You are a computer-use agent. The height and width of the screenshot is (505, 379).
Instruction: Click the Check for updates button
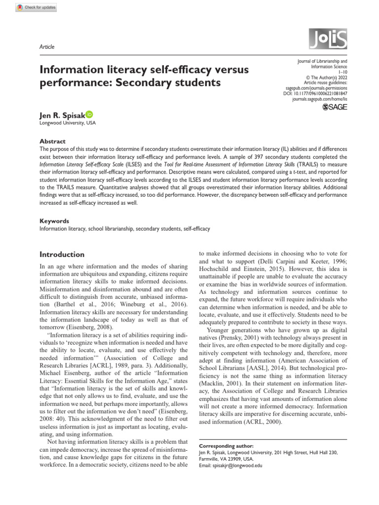36,7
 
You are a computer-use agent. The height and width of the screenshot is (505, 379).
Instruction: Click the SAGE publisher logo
334,107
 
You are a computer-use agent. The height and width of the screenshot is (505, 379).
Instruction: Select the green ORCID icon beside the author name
89,114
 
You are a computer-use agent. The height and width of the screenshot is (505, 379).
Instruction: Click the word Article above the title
46,47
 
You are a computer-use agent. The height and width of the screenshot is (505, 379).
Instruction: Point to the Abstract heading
52,141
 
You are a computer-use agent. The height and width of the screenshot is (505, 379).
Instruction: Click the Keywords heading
54,221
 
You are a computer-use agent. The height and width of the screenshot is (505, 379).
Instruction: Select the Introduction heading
62,254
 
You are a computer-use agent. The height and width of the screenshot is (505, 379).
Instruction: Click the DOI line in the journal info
315,92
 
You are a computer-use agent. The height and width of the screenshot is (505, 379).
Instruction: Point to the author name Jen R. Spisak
62,115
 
